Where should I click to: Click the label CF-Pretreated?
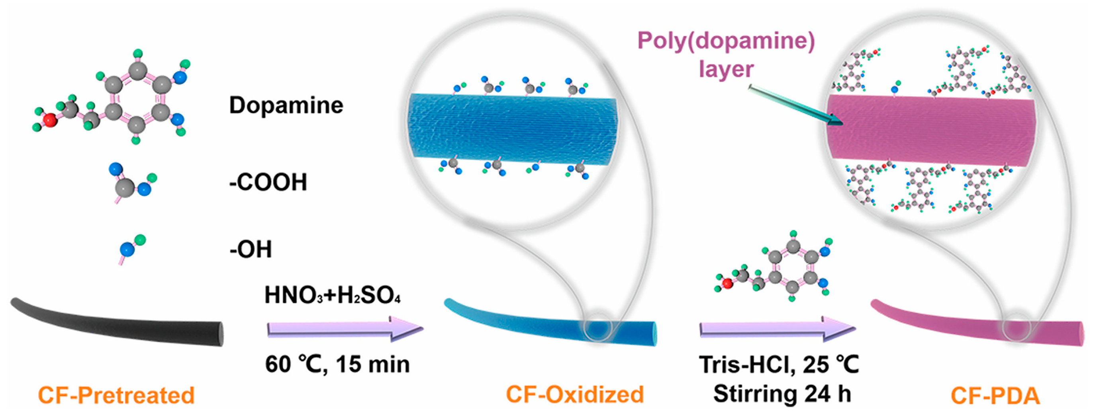pos(116,395)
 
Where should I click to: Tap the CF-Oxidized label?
pos(574,394)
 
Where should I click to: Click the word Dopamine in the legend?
pos(286,105)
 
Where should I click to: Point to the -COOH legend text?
pos(268,182)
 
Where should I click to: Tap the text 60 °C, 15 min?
pos(337,364)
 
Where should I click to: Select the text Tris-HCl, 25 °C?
pos(779,364)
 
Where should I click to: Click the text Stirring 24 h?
pos(782,394)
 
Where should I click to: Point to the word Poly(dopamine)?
pos(726,41)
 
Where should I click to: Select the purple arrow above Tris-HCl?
pos(776,329)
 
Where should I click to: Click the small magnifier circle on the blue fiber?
pos(597,327)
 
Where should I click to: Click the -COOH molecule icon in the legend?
pos(129,182)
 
